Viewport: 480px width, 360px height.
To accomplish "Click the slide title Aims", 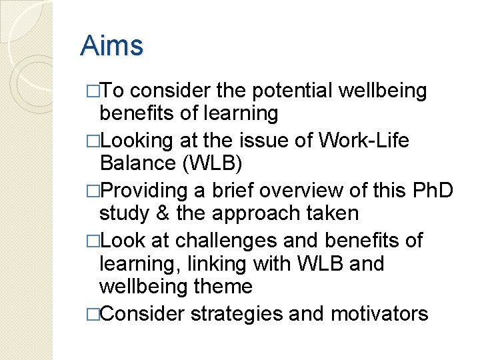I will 111,46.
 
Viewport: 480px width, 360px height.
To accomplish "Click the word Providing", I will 144,191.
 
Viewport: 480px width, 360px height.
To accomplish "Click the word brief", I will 230,191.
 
